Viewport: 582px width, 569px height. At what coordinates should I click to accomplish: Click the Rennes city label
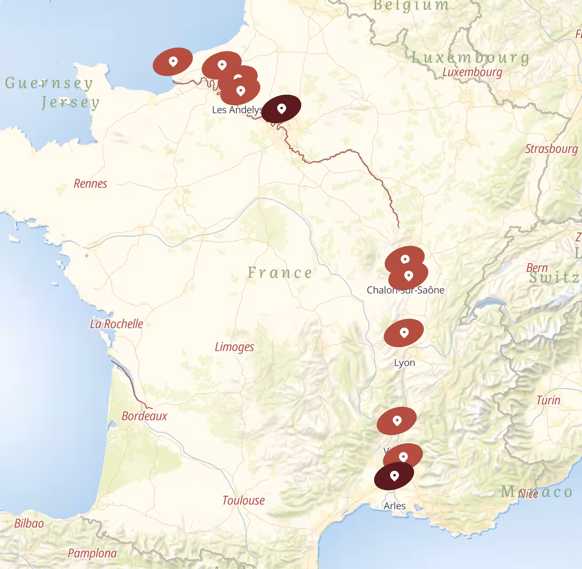click(90, 184)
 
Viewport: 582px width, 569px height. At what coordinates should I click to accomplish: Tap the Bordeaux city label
click(144, 416)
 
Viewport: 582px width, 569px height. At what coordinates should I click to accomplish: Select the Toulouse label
click(243, 501)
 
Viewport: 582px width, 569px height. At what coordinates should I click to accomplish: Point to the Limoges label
click(234, 347)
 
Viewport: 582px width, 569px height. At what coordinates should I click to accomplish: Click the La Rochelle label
click(116, 324)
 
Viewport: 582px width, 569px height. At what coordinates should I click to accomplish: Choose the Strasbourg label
click(551, 148)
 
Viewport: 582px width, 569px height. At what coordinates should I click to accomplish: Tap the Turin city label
click(548, 400)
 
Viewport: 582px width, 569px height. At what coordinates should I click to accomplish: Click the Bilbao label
click(29, 523)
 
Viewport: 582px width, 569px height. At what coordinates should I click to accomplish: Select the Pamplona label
click(92, 553)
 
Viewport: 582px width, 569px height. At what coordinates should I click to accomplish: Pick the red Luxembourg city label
click(472, 72)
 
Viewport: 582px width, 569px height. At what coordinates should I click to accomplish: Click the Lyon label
click(404, 363)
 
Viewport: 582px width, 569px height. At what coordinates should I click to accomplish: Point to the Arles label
click(395, 506)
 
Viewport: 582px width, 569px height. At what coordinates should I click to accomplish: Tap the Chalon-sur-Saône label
click(405, 290)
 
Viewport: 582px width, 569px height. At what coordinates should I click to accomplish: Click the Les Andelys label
click(237, 110)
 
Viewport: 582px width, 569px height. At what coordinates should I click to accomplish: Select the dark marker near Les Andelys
click(281, 108)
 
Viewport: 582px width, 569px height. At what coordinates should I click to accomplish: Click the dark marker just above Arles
click(394, 476)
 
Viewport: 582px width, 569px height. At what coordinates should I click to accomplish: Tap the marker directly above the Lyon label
click(403, 333)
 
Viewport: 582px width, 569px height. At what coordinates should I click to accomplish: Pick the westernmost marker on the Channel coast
click(173, 61)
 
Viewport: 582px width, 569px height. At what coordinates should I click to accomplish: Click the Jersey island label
click(71, 103)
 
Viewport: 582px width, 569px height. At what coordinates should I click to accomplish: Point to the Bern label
click(537, 268)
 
